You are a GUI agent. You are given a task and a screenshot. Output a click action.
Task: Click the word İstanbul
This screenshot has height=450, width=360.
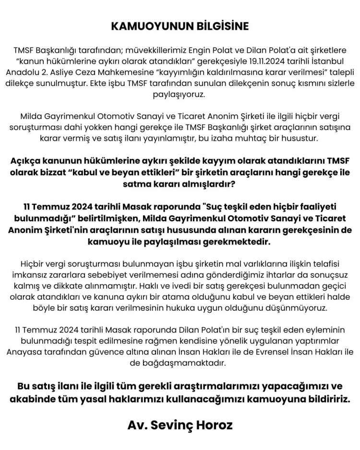pos(327,61)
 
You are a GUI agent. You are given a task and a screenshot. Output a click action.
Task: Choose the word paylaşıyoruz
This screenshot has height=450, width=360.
pos(180,94)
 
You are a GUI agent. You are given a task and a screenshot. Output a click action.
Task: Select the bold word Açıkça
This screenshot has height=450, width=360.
pos(27,161)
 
